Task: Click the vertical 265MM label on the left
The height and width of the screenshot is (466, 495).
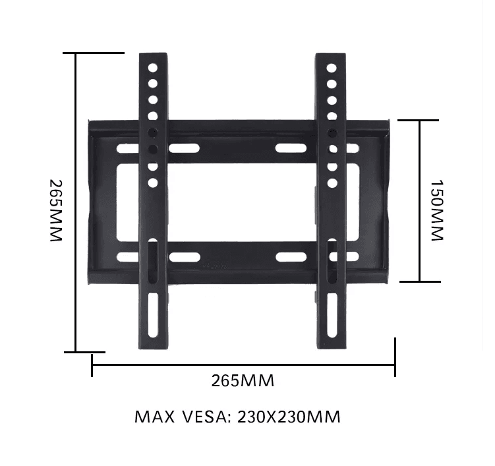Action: coord(56,210)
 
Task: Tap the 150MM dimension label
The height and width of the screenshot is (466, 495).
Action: coord(438,210)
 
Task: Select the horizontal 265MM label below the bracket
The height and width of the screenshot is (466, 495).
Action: coord(243,380)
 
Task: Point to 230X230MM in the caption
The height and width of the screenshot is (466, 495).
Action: coord(289,417)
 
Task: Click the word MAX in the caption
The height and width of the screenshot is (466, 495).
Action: coord(154,417)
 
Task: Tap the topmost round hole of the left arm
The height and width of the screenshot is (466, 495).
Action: coord(153,68)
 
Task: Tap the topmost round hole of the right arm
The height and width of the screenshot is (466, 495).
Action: coord(332,68)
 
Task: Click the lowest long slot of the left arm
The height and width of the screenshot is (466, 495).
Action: coord(153,315)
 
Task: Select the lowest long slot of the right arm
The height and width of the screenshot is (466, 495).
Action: coord(332,315)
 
